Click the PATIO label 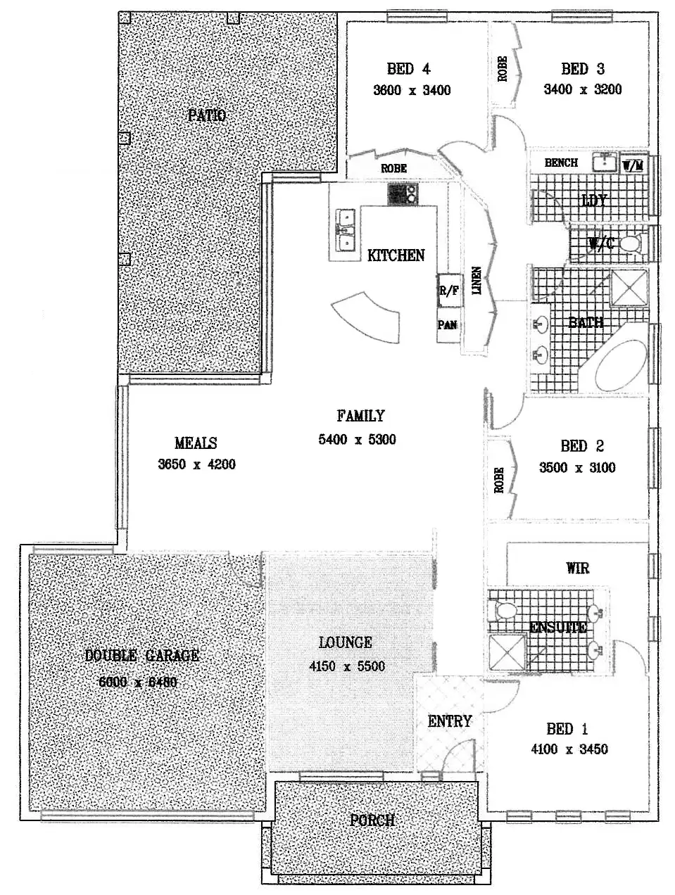pos(207,115)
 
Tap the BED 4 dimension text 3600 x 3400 pos(412,90)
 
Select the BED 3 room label pos(582,69)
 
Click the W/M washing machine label pos(633,166)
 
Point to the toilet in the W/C pos(629,244)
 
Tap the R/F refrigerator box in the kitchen pos(449,291)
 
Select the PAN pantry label pos(448,325)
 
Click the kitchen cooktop pos(403,193)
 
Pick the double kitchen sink pos(345,231)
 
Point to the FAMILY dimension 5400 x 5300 pos(357,440)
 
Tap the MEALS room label pos(196,443)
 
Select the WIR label pos(577,568)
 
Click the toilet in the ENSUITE pos(504,609)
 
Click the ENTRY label pos(449,721)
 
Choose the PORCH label pos(372,820)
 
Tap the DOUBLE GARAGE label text pos(141,656)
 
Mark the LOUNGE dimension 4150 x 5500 pos(347,666)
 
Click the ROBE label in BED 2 pos(499,480)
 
